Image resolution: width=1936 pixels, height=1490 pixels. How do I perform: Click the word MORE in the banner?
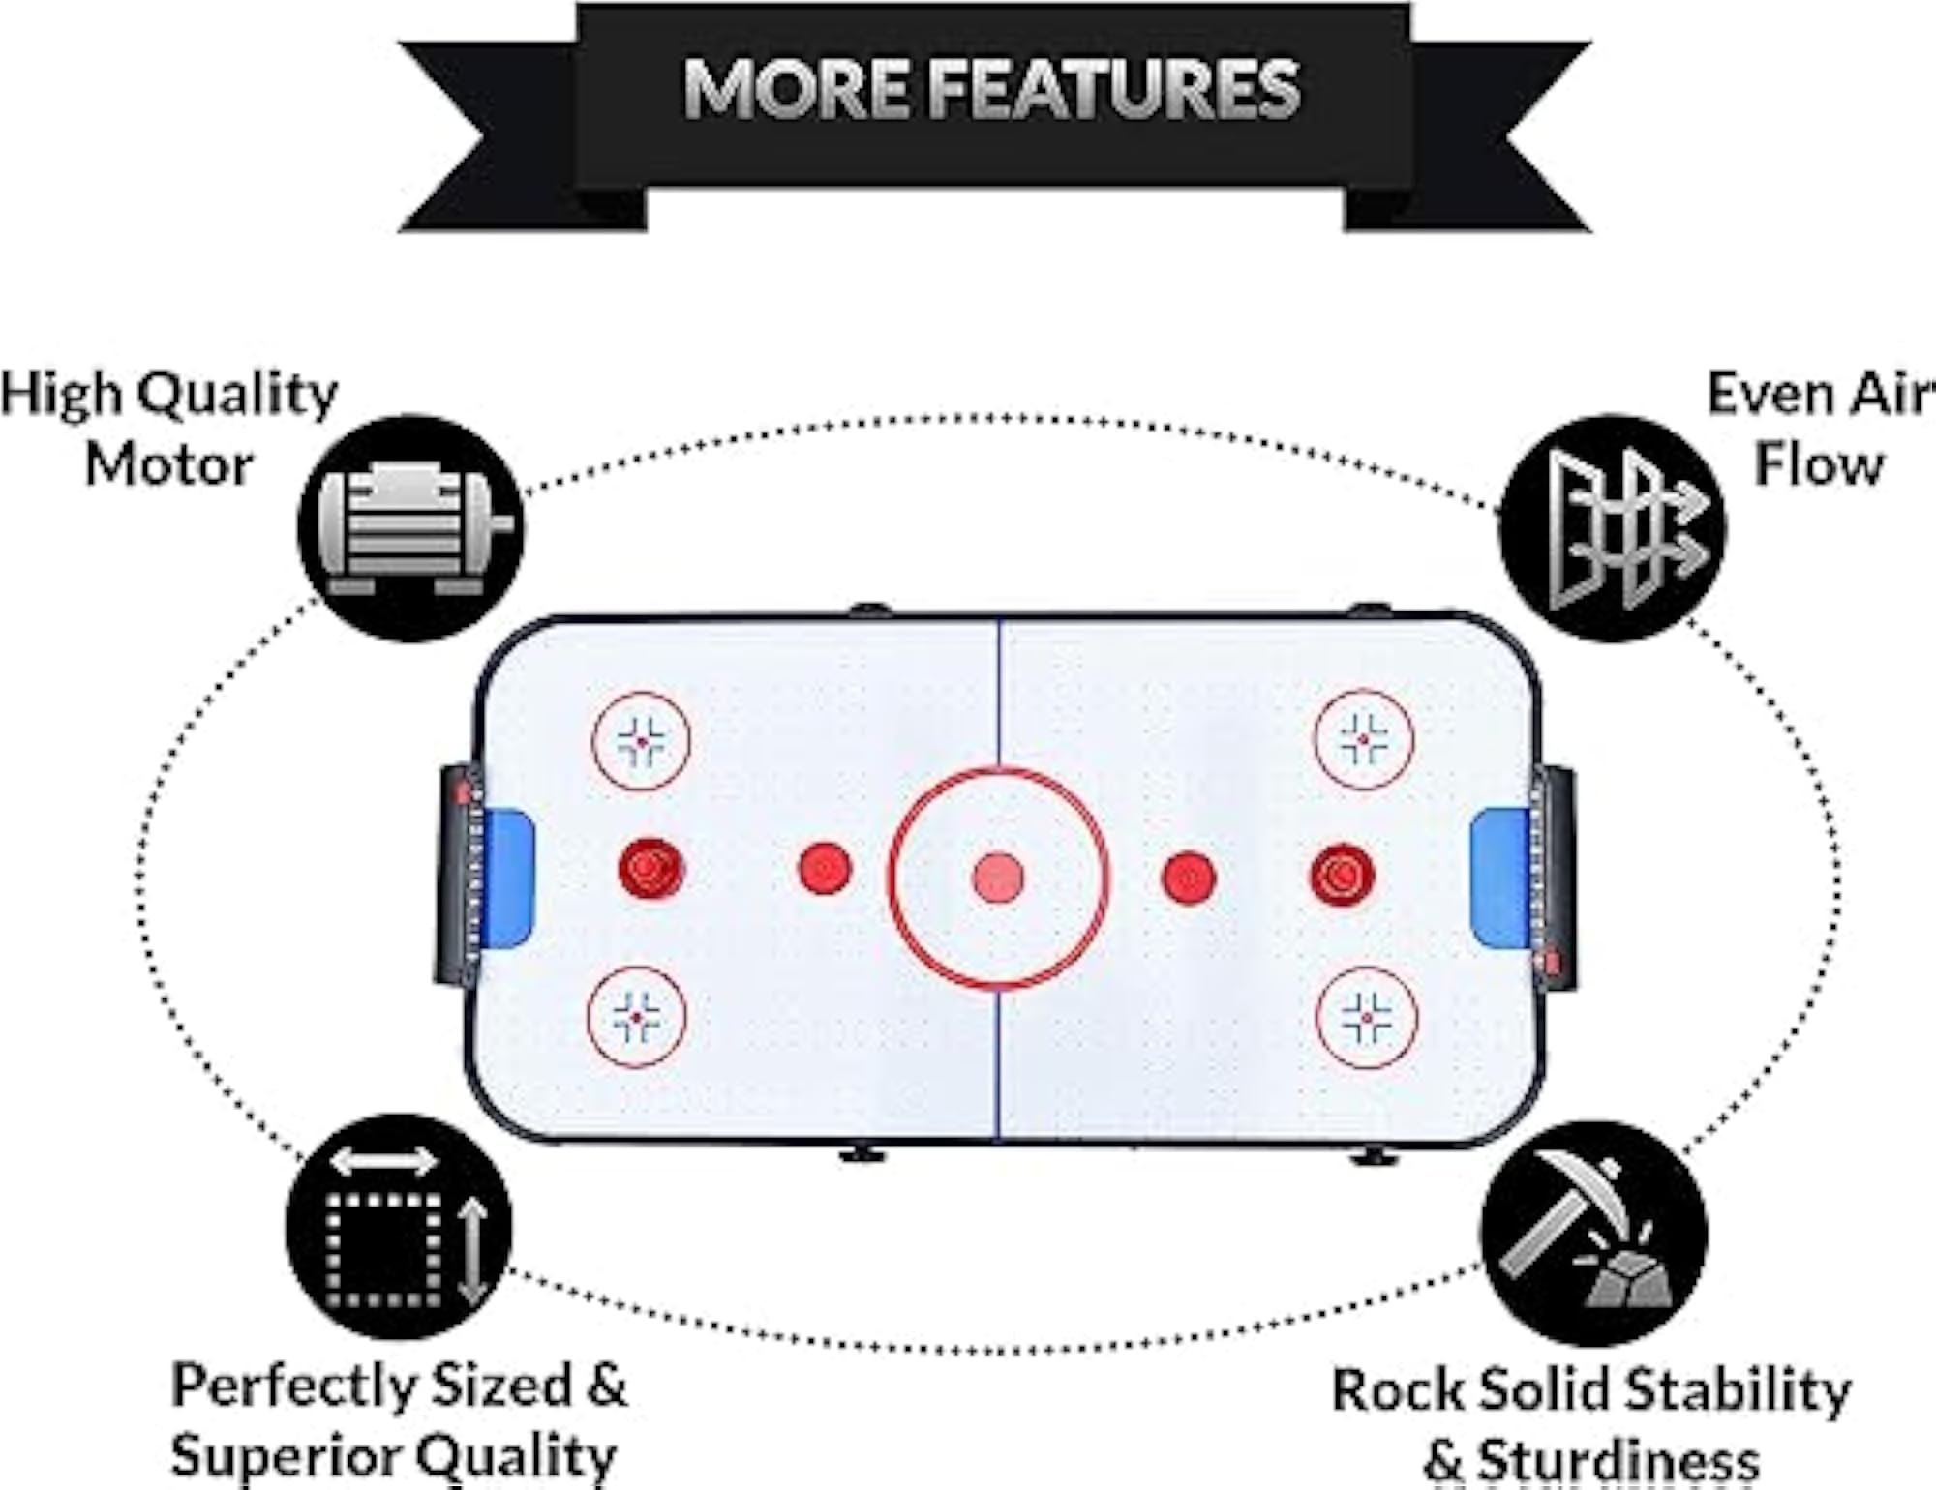click(797, 89)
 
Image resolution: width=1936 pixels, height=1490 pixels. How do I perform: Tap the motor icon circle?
click(411, 529)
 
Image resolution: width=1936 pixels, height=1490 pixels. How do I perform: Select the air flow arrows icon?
click(1613, 528)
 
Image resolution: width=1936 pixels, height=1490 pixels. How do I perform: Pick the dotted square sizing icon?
click(399, 1227)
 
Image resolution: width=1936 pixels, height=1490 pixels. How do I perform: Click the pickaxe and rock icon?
click(1594, 1234)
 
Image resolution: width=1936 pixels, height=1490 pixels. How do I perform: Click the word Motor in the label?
click(169, 465)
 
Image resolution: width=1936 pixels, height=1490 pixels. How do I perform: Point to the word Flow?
click(1819, 464)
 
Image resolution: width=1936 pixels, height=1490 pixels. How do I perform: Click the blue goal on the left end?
click(508, 878)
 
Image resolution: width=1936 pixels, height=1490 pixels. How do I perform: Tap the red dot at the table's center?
click(998, 879)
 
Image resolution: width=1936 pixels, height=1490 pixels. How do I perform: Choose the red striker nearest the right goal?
click(1343, 876)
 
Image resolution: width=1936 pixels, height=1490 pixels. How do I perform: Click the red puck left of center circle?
click(825, 868)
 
